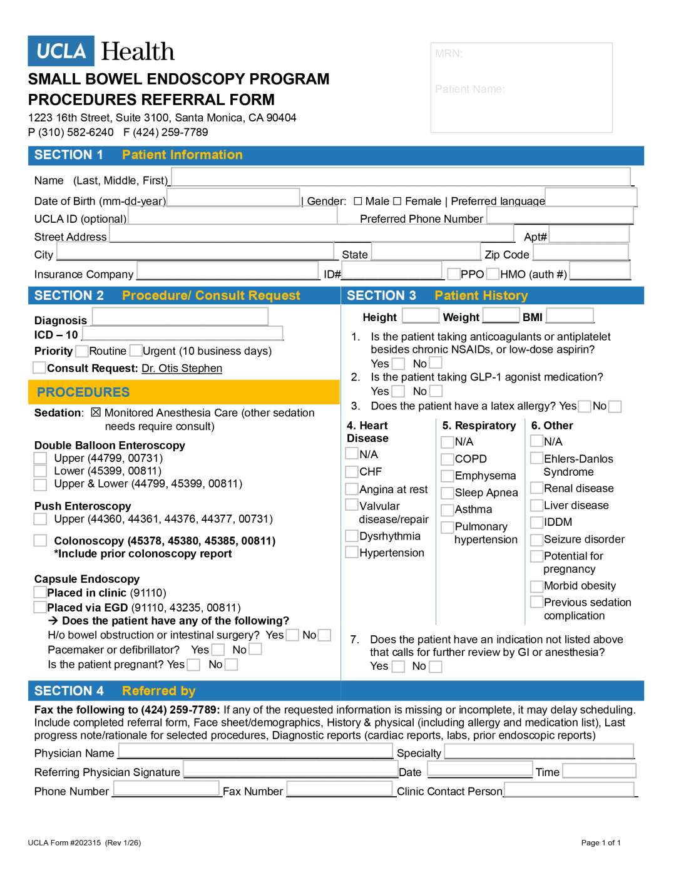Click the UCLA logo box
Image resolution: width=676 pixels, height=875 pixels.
61,51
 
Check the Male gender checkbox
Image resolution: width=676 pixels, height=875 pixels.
358,201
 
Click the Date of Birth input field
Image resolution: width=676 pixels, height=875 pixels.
233,198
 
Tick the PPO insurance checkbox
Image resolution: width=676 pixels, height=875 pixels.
454,274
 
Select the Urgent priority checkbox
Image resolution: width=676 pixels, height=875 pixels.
136,351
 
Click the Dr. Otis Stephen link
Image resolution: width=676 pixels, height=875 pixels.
182,369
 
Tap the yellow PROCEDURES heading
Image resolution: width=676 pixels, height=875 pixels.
83,392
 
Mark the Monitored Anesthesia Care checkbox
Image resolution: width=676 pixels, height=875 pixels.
96,412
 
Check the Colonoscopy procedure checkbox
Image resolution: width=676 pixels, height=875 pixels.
40,540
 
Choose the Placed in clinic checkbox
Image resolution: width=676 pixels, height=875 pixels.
40,592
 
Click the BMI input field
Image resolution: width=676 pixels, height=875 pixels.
569,315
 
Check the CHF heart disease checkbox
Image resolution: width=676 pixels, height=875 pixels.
352,471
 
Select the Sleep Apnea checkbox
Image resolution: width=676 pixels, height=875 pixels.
447,493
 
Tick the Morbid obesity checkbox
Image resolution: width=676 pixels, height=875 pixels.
536,586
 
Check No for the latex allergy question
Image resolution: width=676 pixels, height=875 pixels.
615,406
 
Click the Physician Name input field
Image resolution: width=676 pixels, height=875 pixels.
255,751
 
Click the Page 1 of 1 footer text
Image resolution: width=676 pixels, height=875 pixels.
601,842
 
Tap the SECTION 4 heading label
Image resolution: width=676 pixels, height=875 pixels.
69,691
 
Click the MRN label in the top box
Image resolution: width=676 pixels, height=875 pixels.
449,54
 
